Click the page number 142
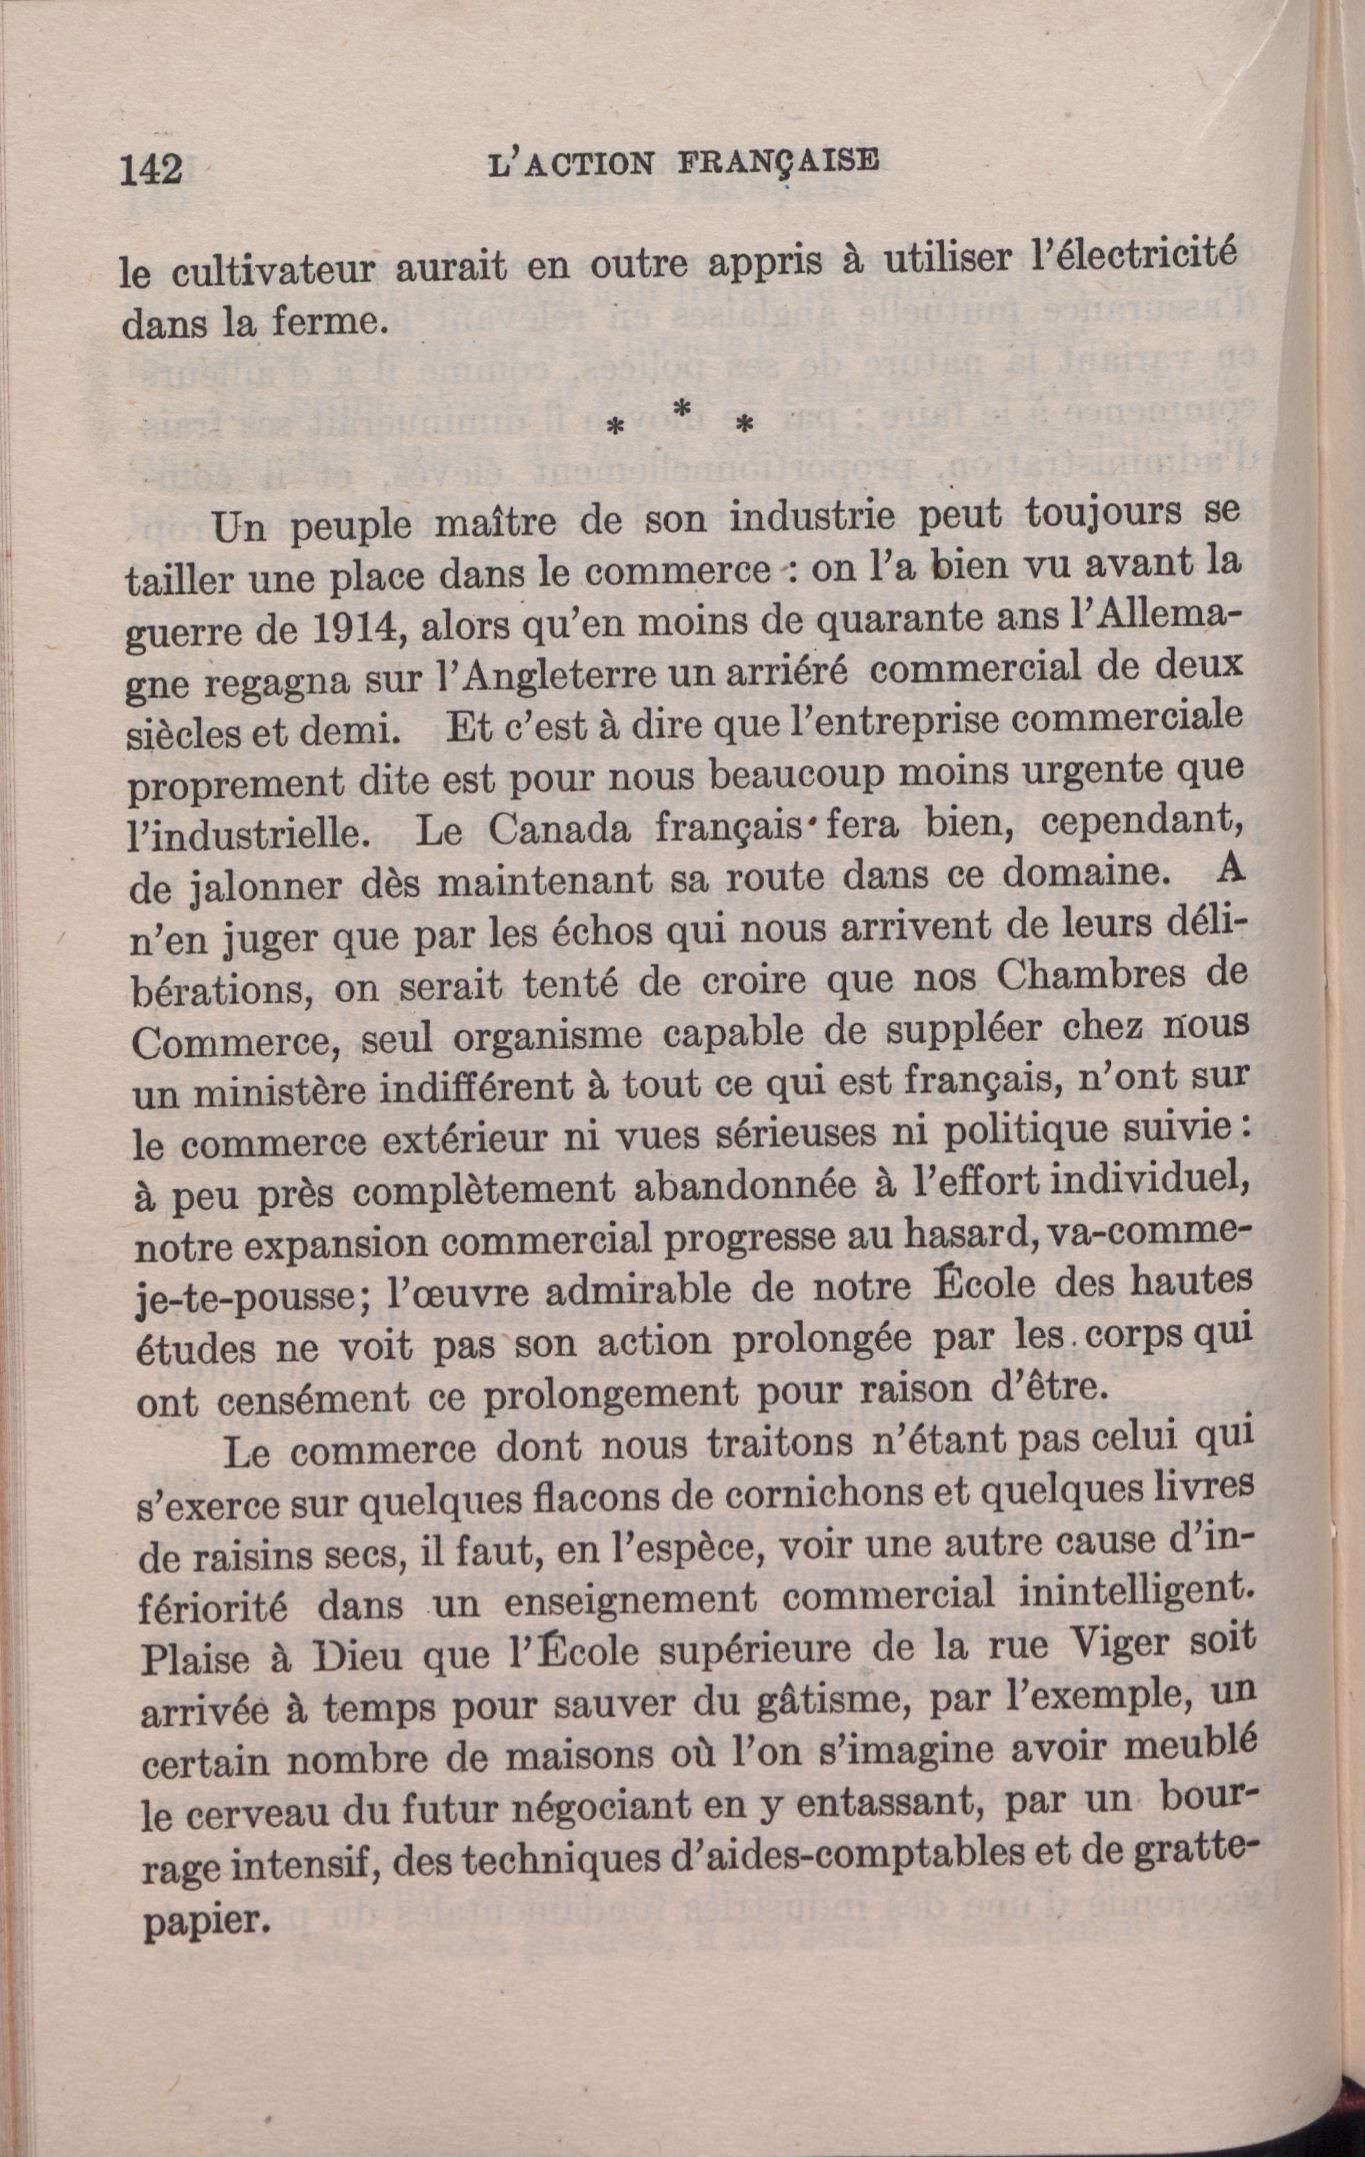point(151,170)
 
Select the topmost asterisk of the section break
point(682,408)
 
